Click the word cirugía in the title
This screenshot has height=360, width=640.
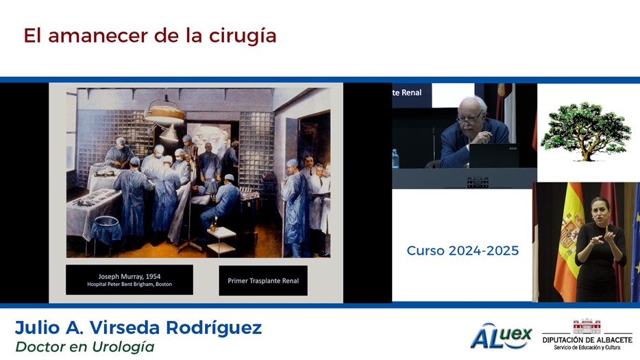click(243, 36)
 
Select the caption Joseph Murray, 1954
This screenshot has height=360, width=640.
click(130, 276)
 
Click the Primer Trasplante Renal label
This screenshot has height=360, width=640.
click(263, 280)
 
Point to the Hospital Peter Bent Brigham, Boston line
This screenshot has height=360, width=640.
click(130, 285)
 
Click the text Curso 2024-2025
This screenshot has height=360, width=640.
click(463, 250)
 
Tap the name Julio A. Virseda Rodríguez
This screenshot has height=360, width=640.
click(138, 328)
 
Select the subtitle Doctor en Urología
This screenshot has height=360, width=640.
click(85, 347)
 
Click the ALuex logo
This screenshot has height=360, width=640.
click(501, 336)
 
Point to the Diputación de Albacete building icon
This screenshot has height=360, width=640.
click(587, 326)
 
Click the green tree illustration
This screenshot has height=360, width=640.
click(586, 131)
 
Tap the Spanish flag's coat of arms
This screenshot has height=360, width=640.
click(571, 231)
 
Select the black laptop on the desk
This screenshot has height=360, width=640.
click(494, 156)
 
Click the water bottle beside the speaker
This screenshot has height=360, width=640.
click(395, 158)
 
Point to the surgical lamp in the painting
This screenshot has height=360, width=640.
click(165, 114)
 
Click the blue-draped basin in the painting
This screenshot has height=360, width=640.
click(106, 230)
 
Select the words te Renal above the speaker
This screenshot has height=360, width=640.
click(407, 93)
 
